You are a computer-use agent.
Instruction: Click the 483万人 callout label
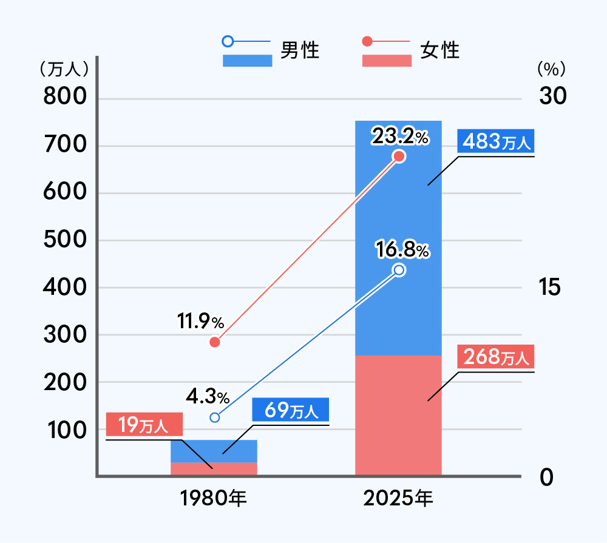[x=496, y=142]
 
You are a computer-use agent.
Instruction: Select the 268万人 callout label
[x=496, y=357]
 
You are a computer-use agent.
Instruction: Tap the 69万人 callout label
[x=291, y=411]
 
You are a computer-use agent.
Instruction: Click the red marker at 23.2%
[x=399, y=157]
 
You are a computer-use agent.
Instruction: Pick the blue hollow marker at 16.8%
[x=399, y=270]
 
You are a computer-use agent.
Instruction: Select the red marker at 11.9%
[x=214, y=342]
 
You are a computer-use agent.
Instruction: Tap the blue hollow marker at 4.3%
[x=214, y=417]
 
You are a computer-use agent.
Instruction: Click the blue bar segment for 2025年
[x=398, y=237]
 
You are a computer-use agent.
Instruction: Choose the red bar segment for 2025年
[x=398, y=415]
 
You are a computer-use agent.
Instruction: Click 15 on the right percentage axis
[x=549, y=288]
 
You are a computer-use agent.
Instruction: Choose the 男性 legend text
[x=300, y=50]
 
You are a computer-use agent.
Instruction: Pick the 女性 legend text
[x=440, y=50]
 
